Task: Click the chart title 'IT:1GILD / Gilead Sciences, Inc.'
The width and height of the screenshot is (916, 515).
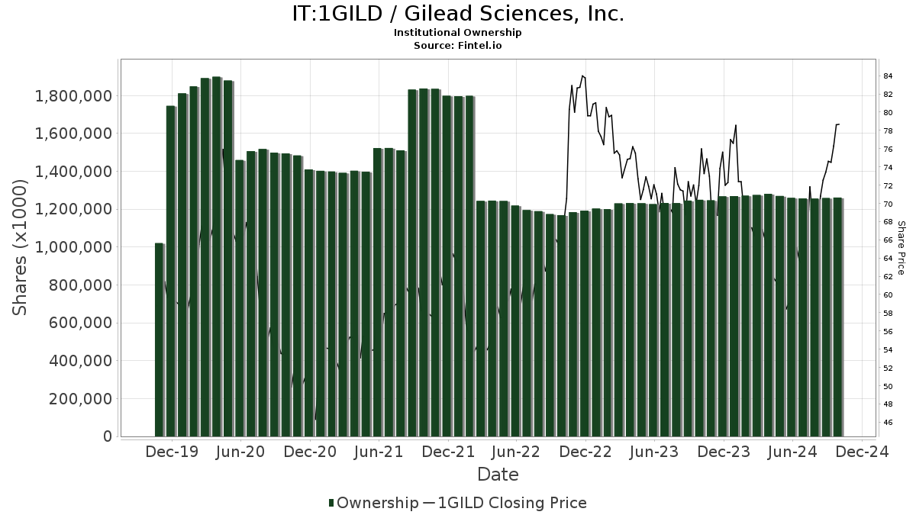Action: (458, 14)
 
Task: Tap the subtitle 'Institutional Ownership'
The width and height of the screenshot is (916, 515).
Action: (458, 33)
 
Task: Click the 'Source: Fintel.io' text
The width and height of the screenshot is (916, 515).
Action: (458, 45)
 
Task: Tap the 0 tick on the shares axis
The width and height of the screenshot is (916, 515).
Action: (108, 437)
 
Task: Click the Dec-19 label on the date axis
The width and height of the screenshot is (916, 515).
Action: (172, 452)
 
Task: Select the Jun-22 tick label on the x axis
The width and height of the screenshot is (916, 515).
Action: (516, 452)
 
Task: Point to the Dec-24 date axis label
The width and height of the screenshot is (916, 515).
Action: (861, 452)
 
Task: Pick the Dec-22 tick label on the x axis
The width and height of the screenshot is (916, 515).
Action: (585, 452)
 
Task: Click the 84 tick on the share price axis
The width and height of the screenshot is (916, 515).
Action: (888, 76)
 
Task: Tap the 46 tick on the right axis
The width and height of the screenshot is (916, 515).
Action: (888, 423)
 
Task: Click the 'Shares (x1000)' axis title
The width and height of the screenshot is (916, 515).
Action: (21, 247)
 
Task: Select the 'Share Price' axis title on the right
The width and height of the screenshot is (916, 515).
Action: (901, 247)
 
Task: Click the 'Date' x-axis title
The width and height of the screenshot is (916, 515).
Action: (498, 475)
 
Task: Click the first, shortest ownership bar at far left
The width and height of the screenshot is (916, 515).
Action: (159, 340)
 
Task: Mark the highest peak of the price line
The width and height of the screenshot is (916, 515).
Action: (582, 76)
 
